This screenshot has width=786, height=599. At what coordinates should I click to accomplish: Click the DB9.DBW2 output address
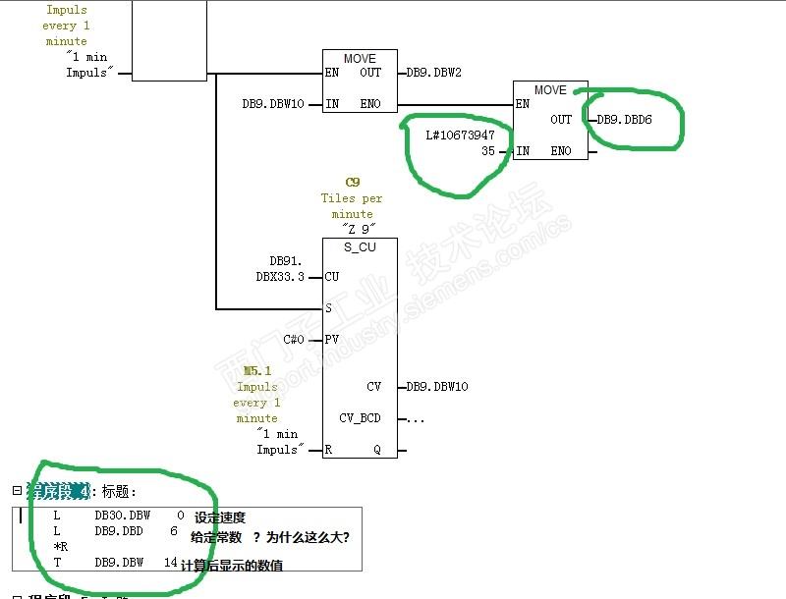click(433, 73)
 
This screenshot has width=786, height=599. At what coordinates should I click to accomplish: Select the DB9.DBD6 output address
click(624, 120)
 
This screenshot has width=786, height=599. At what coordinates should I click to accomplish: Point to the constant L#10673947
click(460, 135)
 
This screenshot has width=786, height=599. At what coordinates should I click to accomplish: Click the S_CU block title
click(360, 246)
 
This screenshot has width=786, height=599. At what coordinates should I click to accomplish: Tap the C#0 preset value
click(294, 340)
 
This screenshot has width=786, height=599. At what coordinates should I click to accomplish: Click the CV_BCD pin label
click(360, 418)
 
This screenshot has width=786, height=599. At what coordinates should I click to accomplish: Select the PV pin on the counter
click(333, 340)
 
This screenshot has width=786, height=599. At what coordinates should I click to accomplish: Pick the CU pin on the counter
click(332, 277)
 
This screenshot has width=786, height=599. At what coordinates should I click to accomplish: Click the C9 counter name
click(353, 183)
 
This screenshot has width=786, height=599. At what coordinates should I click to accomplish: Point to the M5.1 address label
click(256, 371)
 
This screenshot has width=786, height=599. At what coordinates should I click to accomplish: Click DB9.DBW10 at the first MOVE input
click(273, 104)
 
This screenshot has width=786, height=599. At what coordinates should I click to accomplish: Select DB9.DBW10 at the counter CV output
click(436, 387)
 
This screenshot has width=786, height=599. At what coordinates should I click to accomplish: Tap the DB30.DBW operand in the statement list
click(123, 516)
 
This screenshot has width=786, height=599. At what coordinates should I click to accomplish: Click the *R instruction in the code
click(60, 547)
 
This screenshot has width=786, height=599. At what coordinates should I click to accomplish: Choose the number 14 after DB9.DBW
click(171, 563)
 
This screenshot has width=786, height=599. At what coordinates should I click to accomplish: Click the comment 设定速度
click(220, 517)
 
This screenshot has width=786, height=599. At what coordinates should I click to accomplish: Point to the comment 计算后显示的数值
click(232, 565)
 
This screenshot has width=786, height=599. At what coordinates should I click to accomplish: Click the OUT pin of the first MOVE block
click(370, 73)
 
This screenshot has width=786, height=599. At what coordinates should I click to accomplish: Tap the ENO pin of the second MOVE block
click(561, 151)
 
